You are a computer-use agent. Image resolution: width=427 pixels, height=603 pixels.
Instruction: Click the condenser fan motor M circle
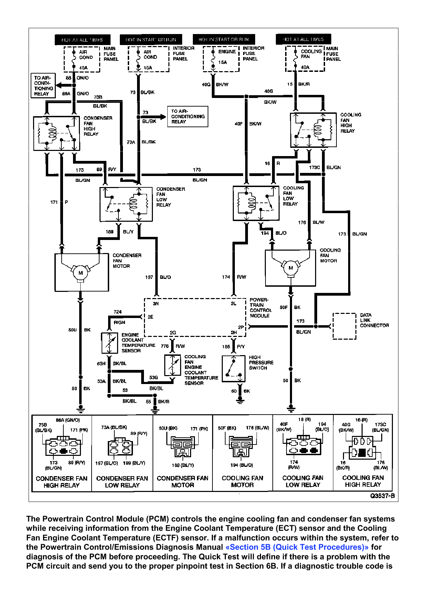(81, 273)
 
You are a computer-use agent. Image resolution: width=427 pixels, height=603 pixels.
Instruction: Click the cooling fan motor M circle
(291, 268)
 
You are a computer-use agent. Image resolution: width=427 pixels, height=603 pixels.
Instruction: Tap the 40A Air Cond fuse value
(83, 68)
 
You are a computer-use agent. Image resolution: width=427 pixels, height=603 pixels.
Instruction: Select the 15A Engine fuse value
(222, 62)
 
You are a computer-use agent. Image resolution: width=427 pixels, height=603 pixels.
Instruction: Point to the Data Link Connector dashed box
(344, 326)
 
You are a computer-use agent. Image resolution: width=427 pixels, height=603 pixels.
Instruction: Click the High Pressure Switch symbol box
(233, 369)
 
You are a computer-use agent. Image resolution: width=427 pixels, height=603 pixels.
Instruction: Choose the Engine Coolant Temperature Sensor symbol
(110, 343)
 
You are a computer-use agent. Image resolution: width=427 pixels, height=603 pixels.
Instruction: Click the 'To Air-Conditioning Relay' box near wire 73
(188, 117)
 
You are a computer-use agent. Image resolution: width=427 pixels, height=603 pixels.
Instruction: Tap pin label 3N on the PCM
(156, 304)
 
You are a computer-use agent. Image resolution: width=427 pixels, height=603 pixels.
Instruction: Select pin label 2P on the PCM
(241, 327)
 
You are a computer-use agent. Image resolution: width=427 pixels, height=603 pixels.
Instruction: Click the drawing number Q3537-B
(382, 496)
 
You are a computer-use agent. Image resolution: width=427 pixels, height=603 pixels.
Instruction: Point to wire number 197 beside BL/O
(149, 277)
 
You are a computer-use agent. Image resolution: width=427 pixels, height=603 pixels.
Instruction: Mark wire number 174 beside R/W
(226, 277)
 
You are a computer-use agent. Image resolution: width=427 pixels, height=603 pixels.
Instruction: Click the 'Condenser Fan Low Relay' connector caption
(122, 482)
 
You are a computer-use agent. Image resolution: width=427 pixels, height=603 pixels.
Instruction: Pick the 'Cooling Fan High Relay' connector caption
(363, 481)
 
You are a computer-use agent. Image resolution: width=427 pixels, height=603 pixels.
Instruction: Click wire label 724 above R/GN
(117, 312)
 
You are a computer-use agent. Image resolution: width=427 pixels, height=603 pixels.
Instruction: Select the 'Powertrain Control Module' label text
(261, 308)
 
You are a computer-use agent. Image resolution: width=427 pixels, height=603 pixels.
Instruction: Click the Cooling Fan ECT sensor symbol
(173, 365)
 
